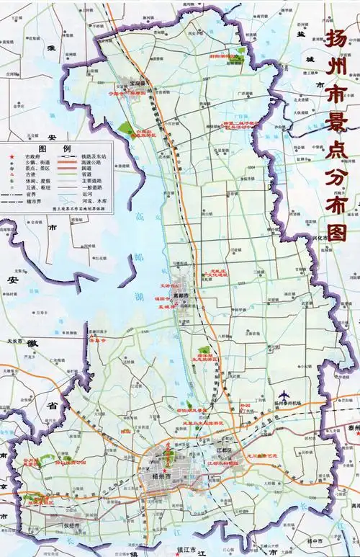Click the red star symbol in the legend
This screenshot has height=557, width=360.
coord(13,156)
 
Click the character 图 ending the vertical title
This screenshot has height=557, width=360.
coord(337,233)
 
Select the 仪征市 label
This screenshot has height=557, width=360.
coord(71,527)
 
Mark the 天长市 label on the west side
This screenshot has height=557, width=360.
coord(14,340)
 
